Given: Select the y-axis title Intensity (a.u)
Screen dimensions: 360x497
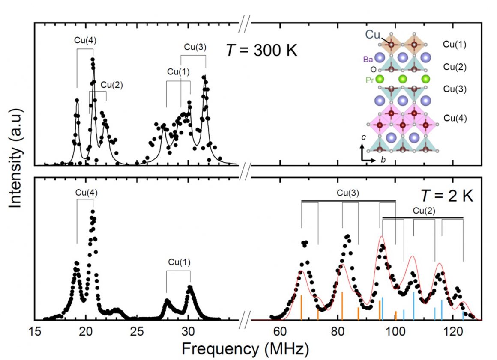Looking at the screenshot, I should pyautogui.click(x=15, y=158).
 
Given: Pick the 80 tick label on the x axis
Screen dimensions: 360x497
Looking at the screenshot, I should pyautogui.click(x=337, y=331).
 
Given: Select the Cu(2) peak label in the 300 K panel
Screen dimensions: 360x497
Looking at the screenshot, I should pyautogui.click(x=111, y=85).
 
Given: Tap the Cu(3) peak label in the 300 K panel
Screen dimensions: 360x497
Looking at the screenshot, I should pyautogui.click(x=195, y=47).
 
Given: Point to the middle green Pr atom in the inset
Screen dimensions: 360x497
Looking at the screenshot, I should pyautogui.click(x=403, y=79).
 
